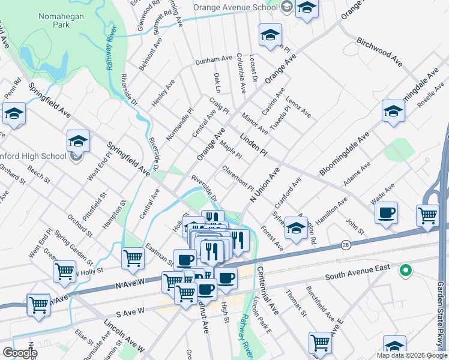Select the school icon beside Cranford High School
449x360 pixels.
(78, 142)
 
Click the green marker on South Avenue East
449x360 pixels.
(405, 271)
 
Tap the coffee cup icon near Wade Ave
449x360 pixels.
(386, 213)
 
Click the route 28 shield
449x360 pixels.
(346, 245)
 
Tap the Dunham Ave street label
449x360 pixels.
(212, 61)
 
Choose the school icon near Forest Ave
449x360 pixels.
(296, 228)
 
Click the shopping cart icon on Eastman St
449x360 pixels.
(133, 258)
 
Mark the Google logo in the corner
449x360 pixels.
(20, 353)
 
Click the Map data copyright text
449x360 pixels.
(412, 355)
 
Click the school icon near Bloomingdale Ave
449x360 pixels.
(393, 111)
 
